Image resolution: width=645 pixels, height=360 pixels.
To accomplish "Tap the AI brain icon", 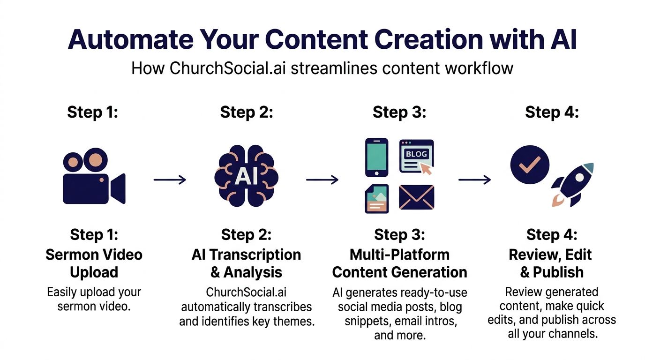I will tap(246, 176).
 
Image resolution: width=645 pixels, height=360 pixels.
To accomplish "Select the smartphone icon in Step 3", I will tap(376, 157).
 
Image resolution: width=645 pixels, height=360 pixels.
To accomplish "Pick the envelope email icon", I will tap(416, 197).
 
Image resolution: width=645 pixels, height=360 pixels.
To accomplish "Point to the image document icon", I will tap(376, 199).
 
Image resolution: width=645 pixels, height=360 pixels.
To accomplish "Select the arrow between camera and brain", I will tap(170, 180).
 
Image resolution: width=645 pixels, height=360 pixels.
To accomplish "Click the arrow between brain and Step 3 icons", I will tap(322, 180).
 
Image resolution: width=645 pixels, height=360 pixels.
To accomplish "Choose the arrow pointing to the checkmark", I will tap(474, 180).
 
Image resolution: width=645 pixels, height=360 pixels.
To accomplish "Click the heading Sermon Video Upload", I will tap(93, 263).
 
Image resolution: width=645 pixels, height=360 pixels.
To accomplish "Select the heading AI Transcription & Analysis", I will tap(246, 263).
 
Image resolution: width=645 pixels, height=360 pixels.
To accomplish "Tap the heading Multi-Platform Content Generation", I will tap(399, 263).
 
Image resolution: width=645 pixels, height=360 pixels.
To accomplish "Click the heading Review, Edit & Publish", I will tap(552, 263).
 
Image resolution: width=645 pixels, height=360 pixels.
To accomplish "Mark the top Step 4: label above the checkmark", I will tap(552, 112).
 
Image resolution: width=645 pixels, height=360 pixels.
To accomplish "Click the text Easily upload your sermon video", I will tap(93, 299).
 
